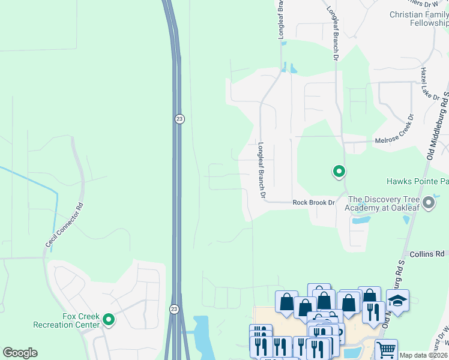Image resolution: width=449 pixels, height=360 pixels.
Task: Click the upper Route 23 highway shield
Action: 179,119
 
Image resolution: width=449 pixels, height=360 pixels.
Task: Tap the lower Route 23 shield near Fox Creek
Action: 174,308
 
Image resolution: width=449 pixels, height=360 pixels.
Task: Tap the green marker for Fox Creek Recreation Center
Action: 109,320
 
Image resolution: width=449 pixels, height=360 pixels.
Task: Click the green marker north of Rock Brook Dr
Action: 339,172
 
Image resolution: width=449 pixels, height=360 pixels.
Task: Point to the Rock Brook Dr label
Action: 313,203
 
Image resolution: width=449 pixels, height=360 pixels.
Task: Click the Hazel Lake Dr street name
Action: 427,83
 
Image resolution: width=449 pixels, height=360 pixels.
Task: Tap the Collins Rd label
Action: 426,254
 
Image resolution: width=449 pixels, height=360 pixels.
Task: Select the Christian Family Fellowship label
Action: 419,19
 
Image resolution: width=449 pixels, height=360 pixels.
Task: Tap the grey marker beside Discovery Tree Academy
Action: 428,203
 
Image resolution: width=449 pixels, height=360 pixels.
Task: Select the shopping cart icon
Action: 386,349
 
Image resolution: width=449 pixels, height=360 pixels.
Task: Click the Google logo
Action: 20,353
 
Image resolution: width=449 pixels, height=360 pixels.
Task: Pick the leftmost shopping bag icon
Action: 286,301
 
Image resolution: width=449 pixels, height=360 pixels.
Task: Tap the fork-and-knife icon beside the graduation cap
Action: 373,311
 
